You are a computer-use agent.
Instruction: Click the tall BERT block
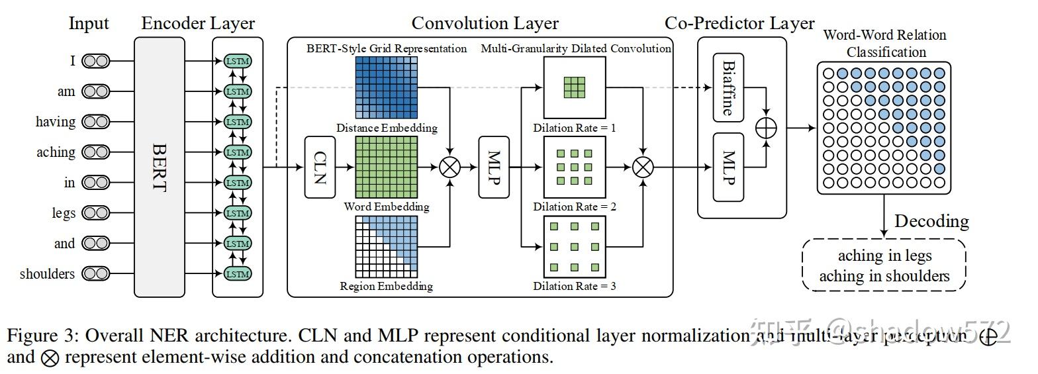(x=160, y=167)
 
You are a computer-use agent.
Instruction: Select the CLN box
(x=319, y=167)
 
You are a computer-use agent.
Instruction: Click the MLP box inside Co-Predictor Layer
(x=728, y=167)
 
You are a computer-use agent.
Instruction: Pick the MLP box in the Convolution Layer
(x=494, y=167)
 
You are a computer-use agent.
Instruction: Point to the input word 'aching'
(x=56, y=152)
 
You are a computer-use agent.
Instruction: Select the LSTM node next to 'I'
(x=238, y=61)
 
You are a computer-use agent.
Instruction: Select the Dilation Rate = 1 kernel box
(x=574, y=88)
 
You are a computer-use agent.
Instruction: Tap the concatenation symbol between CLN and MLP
(x=450, y=167)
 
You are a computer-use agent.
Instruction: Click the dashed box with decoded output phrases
(x=884, y=265)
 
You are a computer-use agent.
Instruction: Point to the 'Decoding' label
(x=931, y=221)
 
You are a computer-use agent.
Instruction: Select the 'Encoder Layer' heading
(x=198, y=24)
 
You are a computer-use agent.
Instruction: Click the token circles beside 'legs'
(x=95, y=213)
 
